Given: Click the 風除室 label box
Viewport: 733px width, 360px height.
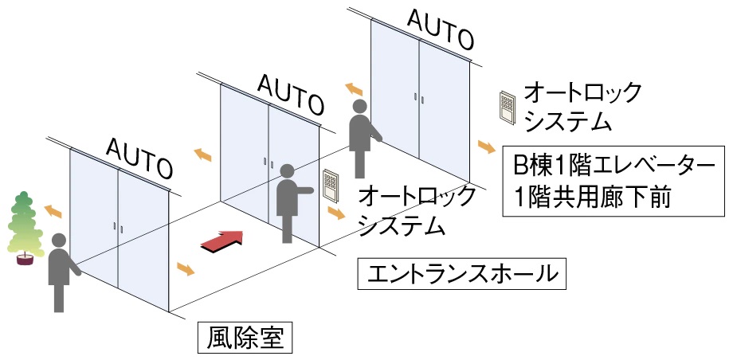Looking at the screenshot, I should coord(245,338).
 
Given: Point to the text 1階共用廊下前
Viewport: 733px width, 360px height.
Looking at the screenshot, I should coord(591,196).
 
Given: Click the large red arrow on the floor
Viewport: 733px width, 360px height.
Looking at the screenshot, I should coord(221,241).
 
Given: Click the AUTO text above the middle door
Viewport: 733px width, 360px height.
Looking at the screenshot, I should coord(290,93).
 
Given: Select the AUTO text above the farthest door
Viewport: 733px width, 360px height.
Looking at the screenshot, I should coord(441,28).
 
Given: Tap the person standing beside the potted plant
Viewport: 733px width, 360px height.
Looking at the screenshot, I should coord(61,270).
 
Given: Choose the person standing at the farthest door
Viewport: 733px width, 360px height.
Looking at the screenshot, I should coord(362,137).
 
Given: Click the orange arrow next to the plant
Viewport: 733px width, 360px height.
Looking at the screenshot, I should coord(53,210).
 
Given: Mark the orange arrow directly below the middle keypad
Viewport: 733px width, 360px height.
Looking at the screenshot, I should coord(336,213).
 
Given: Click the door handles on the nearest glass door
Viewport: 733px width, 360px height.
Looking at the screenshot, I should coord(117,226).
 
